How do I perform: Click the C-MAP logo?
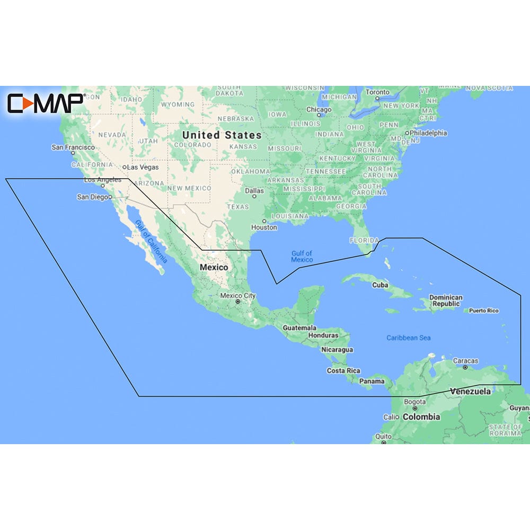pos(45,103)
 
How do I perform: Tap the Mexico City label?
pos(238,296)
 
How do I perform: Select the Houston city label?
pos(264,227)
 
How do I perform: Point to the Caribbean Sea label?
pos(408,338)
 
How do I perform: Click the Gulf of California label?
pos(151,242)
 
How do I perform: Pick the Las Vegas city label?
pos(143,167)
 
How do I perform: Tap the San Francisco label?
pos(73,147)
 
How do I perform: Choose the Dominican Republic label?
pos(446,301)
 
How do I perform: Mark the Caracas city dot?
pos(465,367)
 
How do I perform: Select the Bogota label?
pos(414,402)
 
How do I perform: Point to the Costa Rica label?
pos(343,370)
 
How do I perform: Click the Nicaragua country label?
pos(337,350)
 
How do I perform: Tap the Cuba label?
pos(380,285)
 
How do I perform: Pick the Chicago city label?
pos(319,110)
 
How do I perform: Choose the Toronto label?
pos(378,92)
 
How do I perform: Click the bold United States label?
pos(222,135)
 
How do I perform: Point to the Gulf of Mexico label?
pos(302,257)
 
